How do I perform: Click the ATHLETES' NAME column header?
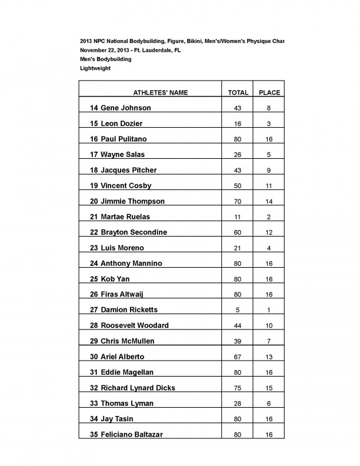[x=161, y=93]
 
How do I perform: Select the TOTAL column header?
[x=238, y=93]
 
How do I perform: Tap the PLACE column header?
[x=269, y=93]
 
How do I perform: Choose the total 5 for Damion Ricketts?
[x=238, y=310]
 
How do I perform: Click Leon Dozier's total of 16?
[x=238, y=124]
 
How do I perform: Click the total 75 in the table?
[x=238, y=388]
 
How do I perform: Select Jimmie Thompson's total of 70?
[x=238, y=201]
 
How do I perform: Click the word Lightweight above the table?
[x=95, y=68]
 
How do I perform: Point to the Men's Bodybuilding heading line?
[x=106, y=59]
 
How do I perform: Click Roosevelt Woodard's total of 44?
[x=238, y=325]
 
